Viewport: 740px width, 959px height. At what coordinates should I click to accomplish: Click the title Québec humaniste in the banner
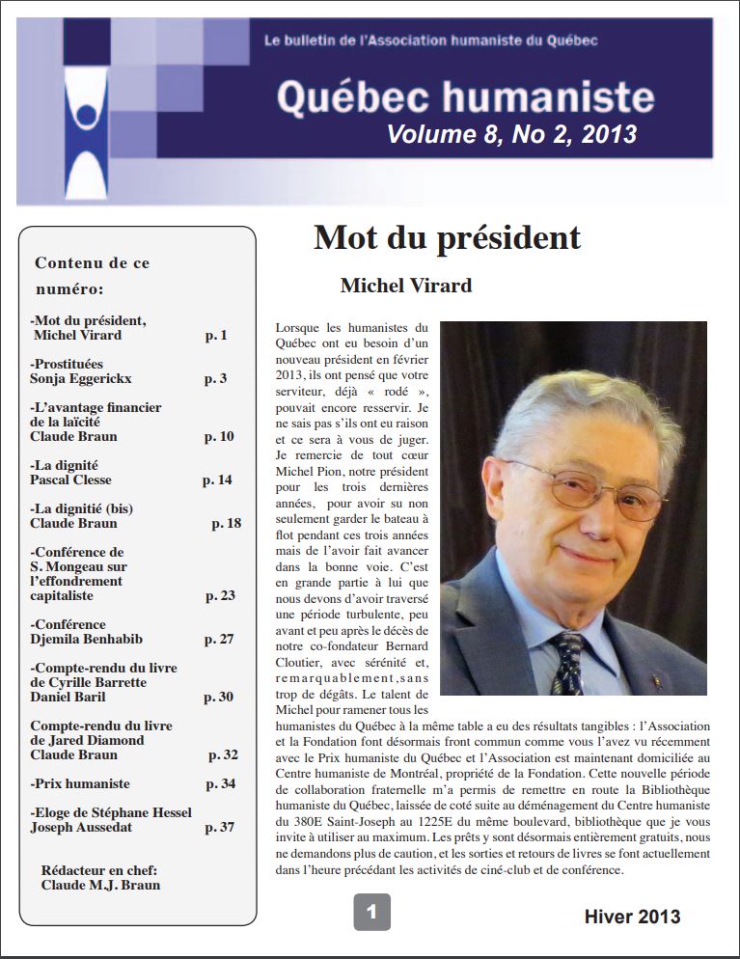point(465,96)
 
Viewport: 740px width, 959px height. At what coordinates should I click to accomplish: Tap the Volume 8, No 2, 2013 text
point(511,134)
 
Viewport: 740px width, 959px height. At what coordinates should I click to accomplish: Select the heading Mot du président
point(447,237)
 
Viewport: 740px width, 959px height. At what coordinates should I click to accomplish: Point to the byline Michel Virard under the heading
point(405,286)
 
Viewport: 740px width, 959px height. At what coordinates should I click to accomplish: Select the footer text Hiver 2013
point(632,917)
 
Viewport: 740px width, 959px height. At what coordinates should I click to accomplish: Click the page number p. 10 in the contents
point(219,436)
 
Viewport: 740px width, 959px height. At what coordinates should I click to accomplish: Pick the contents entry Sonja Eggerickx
point(81,378)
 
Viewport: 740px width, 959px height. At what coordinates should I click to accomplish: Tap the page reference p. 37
point(219,827)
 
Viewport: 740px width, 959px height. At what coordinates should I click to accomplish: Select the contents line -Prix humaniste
point(80,783)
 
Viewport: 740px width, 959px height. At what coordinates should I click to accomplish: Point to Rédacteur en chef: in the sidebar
point(99,870)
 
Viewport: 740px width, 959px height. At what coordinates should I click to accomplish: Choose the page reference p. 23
point(220,595)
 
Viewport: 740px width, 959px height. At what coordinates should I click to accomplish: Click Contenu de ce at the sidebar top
point(93,262)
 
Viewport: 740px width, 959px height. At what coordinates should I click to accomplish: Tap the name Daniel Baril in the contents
point(68,697)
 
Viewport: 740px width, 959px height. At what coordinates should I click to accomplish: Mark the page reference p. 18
point(226,523)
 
